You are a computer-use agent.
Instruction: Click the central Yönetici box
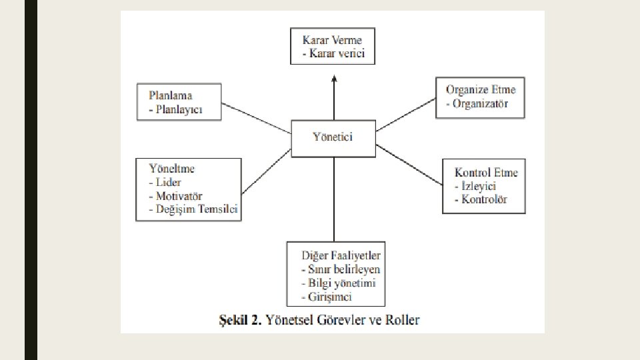point(333,138)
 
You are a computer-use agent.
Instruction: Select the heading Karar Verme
point(332,40)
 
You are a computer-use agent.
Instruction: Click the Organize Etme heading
point(481,90)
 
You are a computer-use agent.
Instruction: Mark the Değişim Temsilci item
point(193,210)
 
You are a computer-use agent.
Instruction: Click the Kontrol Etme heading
point(486,172)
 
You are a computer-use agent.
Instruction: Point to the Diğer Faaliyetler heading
point(341,255)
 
